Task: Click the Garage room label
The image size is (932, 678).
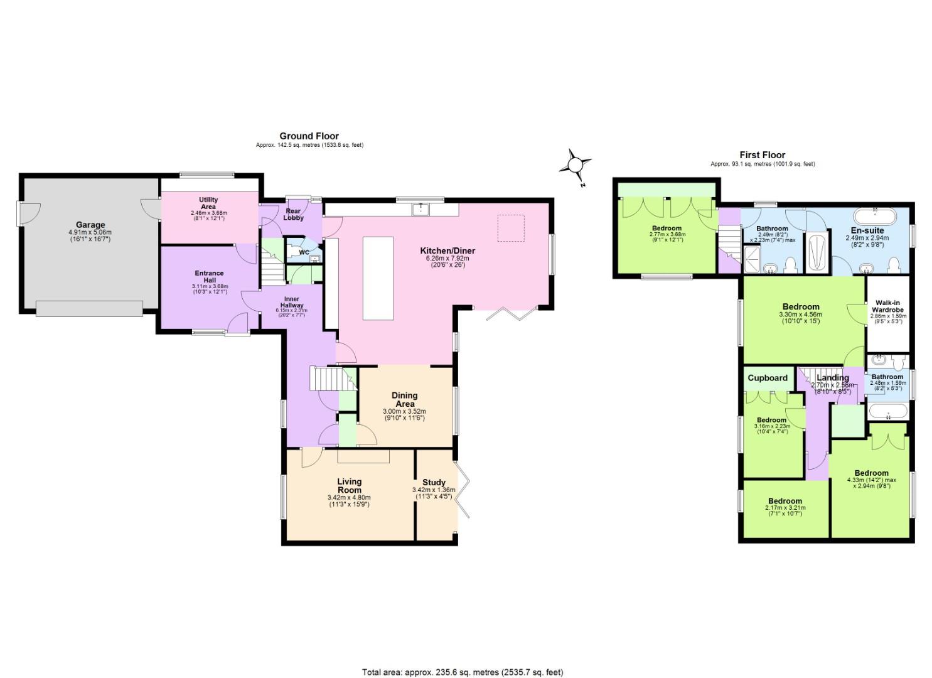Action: (x=90, y=225)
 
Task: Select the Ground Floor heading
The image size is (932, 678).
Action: (x=309, y=136)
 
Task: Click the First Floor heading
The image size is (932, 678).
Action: (x=762, y=154)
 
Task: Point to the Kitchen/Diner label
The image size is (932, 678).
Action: (x=447, y=250)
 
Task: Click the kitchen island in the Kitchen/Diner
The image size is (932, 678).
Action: (x=378, y=279)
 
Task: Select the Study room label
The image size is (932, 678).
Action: (x=434, y=482)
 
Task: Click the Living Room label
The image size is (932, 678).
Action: (x=349, y=485)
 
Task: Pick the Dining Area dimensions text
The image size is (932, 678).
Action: (x=404, y=414)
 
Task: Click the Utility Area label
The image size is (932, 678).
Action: (x=208, y=203)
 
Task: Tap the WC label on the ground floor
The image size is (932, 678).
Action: (x=304, y=252)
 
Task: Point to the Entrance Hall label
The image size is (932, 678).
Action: (x=209, y=276)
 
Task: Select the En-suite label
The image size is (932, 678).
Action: (x=867, y=230)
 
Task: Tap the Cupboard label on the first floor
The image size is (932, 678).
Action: (x=767, y=378)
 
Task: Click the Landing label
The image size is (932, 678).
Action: (x=832, y=377)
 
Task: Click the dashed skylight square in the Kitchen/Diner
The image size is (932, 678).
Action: (x=511, y=228)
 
